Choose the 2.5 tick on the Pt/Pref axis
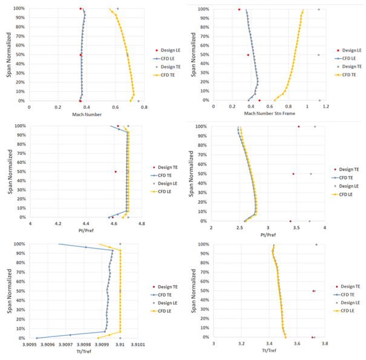[240, 227]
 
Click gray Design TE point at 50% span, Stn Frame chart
[318, 55]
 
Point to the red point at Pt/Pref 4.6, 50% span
[116, 172]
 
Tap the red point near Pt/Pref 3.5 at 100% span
[298, 126]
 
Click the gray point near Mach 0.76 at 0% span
[138, 101]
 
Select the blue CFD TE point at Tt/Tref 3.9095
[37, 338]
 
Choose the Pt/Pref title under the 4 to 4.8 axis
[86, 232]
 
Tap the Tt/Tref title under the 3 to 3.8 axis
[269, 352]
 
